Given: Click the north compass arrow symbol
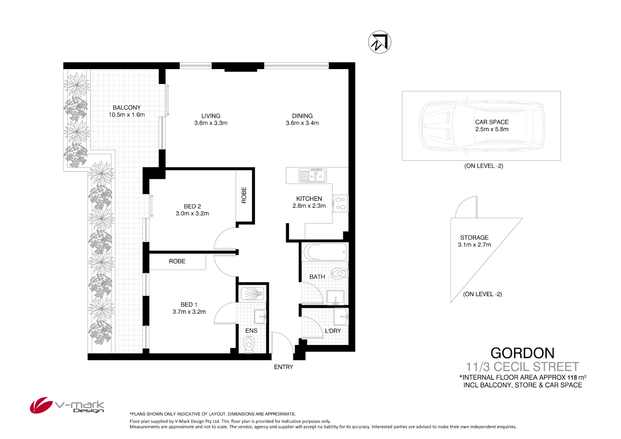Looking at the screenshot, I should click(380, 42).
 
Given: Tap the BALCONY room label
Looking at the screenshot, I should click(126, 108).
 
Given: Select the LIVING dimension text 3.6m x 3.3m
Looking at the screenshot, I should click(211, 123).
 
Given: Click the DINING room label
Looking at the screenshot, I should click(302, 116).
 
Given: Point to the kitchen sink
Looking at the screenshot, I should click(313, 176).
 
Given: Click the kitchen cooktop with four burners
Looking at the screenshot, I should click(340, 203).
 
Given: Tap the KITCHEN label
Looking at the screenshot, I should click(309, 199).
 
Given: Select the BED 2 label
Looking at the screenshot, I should click(192, 206).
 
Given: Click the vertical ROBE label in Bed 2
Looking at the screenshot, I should click(244, 195).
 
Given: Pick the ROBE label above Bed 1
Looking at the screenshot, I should click(177, 261).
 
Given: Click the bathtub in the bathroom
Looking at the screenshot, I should click(325, 252).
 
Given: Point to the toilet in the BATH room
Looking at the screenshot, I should click(338, 274).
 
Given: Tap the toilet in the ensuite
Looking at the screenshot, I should click(249, 344).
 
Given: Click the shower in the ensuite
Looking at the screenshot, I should click(252, 293).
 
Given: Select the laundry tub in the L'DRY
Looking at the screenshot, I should click(341, 316).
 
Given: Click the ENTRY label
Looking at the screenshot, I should click(283, 367).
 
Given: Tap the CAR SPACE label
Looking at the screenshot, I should click(492, 122).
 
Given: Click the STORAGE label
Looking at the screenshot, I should click(474, 238).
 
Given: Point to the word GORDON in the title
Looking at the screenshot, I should click(522, 353).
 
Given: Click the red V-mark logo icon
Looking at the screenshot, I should click(41, 405).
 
